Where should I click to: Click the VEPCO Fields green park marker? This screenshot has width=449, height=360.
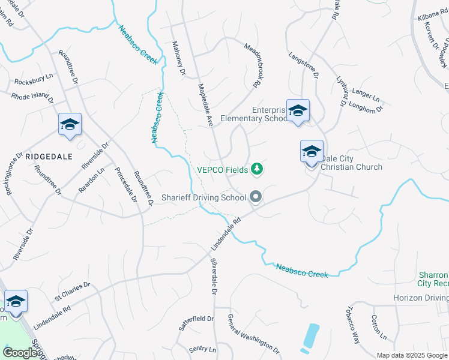257,169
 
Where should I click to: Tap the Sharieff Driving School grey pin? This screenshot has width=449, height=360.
256,196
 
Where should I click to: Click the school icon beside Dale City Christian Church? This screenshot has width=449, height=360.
312,152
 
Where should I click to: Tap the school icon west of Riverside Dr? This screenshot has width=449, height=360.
70,124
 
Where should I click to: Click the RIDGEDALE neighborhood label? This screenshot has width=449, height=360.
49,156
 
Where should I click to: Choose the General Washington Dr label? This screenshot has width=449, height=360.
253,334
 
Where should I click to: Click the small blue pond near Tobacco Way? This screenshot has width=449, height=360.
311,337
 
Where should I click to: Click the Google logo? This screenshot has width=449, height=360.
20,353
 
